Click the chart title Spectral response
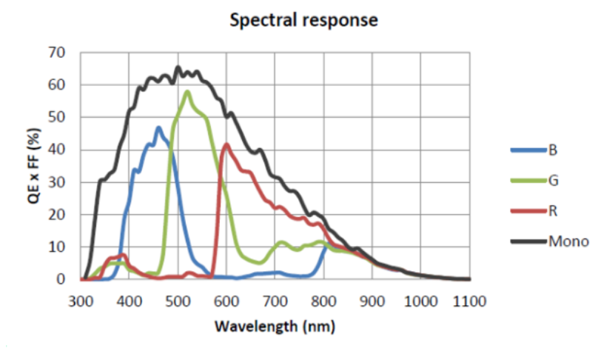point(303,20)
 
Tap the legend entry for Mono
point(568,241)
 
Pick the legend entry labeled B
point(552,150)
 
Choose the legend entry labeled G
point(553,181)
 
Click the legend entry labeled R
point(552,211)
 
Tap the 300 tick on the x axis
point(81,301)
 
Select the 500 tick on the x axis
point(178,301)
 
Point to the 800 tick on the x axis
point(323,301)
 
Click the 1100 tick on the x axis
point(468,301)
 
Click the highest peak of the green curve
point(188,92)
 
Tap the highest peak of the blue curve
point(158,127)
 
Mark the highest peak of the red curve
point(226,144)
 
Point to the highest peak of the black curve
point(178,67)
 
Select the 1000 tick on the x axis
point(420,301)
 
